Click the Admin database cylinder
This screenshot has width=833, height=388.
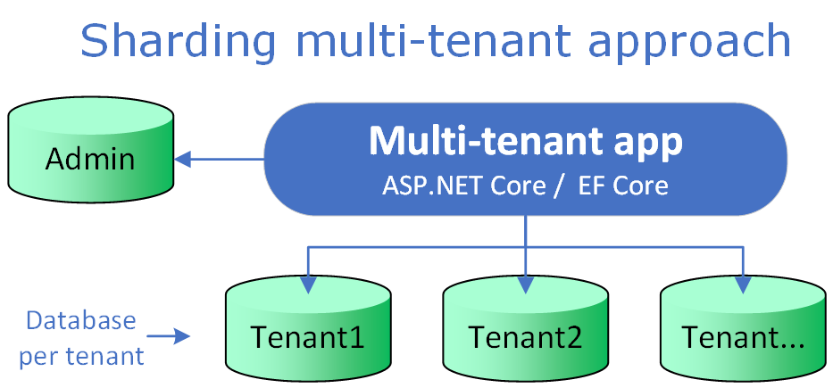[90, 155]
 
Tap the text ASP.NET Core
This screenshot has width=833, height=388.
[463, 186]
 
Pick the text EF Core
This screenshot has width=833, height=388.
[622, 186]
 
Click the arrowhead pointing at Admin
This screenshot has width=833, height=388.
[183, 161]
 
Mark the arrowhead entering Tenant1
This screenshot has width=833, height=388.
[308, 285]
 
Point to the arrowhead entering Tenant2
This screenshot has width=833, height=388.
[526, 285]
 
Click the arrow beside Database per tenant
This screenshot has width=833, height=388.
[170, 336]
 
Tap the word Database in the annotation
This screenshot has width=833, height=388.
[81, 320]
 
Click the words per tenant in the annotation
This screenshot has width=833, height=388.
[81, 356]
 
